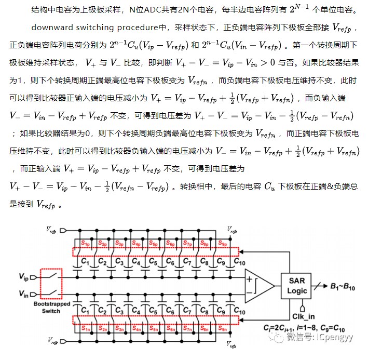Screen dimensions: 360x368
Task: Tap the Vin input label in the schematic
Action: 24,294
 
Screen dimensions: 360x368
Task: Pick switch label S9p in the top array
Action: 223,243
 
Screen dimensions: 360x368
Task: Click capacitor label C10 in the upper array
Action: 239,263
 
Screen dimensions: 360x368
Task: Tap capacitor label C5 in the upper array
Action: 154,263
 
